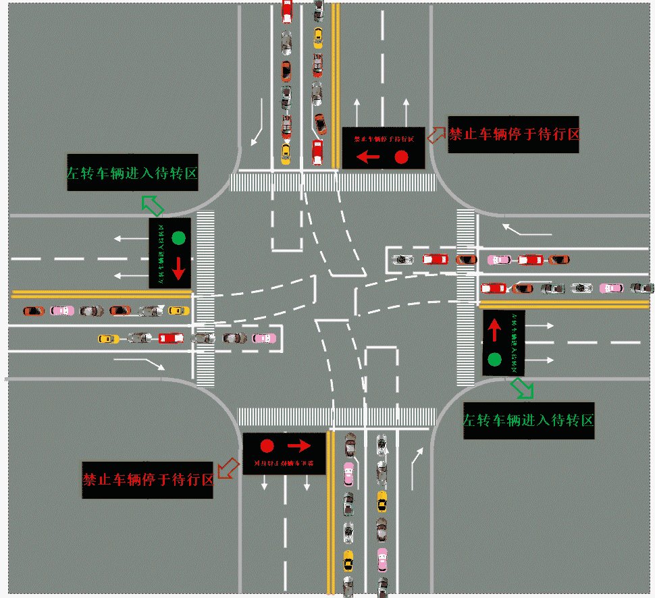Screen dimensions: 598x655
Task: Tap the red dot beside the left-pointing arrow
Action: (x=402, y=157)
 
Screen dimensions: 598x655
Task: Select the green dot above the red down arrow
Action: (x=178, y=238)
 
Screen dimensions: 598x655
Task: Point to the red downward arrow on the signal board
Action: (x=178, y=267)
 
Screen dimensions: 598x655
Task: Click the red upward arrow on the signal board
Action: (x=494, y=329)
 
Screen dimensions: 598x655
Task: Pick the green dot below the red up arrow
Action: (x=494, y=359)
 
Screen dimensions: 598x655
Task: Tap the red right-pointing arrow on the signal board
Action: (x=298, y=445)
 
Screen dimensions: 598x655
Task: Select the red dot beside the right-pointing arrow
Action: (x=267, y=445)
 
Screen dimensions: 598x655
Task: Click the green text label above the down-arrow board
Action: (x=132, y=173)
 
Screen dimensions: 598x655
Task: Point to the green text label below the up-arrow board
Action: (x=528, y=420)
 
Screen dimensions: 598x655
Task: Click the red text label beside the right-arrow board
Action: (x=147, y=480)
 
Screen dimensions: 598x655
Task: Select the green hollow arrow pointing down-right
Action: (x=522, y=387)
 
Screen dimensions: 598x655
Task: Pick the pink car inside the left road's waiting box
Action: (x=264, y=338)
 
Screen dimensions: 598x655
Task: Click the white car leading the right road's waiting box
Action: (x=404, y=259)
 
